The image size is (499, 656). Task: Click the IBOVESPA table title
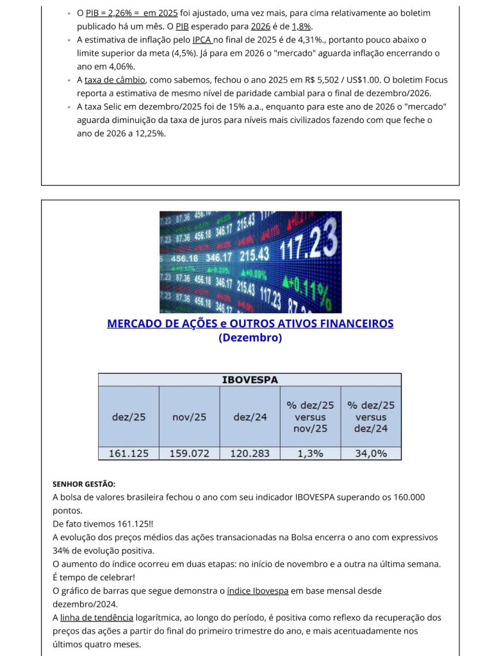[x=250, y=380]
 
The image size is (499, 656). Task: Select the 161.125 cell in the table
[x=129, y=454]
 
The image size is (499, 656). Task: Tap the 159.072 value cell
[x=189, y=454]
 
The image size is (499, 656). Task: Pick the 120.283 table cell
[x=250, y=454]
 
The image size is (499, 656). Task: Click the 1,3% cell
[x=310, y=454]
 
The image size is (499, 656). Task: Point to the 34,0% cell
[x=371, y=454]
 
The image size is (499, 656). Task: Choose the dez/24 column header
[x=250, y=416]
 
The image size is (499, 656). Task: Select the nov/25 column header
[x=189, y=416]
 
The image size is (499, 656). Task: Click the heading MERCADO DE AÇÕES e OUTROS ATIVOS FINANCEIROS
[x=250, y=324]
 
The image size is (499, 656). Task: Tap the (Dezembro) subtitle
[x=250, y=338]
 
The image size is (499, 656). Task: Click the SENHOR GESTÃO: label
[x=84, y=484]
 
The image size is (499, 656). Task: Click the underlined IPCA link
[x=202, y=40]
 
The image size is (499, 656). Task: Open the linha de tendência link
[x=97, y=618]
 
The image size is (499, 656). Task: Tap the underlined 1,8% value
[x=301, y=26]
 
